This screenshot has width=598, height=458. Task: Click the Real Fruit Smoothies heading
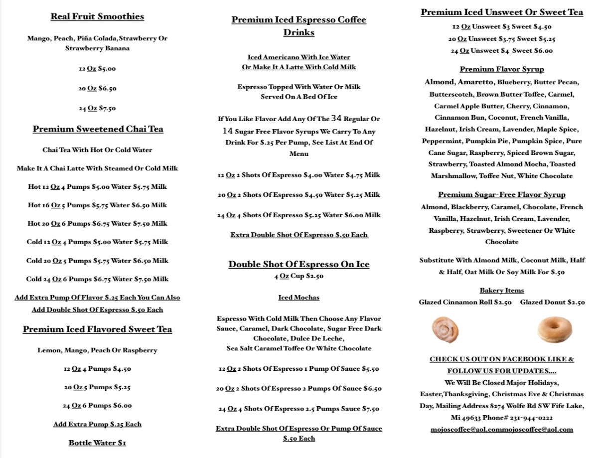pos(97,16)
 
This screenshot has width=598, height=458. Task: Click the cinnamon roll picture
pos(445,329)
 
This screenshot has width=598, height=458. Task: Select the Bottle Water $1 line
pos(97,443)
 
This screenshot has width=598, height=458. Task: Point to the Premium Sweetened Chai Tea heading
pos(98,129)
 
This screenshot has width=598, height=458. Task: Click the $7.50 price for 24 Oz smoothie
pos(107,108)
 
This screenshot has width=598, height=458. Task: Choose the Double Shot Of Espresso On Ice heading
pos(299,264)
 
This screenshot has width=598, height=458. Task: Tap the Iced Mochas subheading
pos(299,298)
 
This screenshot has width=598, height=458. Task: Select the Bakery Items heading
pos(502,290)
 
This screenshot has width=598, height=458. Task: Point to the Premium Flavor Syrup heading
pos(502,69)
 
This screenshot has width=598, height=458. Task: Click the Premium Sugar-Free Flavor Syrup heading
pos(502,194)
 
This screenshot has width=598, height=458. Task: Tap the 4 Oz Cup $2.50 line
pos(299,276)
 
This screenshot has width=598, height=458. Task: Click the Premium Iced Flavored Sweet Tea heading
pos(97,329)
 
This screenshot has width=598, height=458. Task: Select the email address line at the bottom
pos(502,429)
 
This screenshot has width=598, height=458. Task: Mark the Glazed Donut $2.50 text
pos(552,302)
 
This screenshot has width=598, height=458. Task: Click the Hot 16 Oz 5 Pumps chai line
pos(97,205)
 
